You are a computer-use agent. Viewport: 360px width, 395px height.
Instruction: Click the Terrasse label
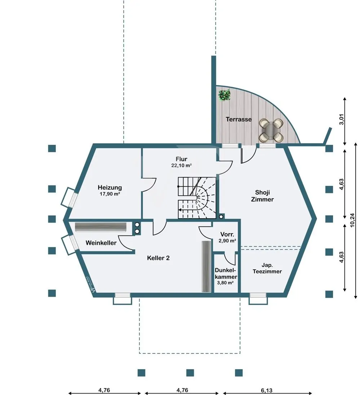pyautogui.click(x=239, y=119)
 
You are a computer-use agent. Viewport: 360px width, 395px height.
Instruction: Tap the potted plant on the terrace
pyautogui.click(x=225, y=95)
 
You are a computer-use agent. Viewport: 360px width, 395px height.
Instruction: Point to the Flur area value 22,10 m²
pyautogui.click(x=181, y=166)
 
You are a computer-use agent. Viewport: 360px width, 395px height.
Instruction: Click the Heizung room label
pyautogui.click(x=110, y=188)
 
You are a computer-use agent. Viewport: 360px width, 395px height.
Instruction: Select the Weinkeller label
pyautogui.click(x=101, y=243)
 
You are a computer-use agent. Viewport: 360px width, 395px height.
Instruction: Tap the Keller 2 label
pyautogui.click(x=158, y=258)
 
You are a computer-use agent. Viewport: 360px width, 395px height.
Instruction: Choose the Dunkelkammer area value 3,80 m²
pyautogui.click(x=225, y=283)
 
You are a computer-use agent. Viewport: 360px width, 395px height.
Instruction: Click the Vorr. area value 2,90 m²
pyautogui.click(x=227, y=240)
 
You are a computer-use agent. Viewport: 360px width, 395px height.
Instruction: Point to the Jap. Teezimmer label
pyautogui.click(x=267, y=268)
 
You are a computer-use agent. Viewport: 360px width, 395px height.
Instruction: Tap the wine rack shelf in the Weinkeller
pyautogui.click(x=101, y=226)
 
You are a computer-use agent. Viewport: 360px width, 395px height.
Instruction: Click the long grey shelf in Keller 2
pyautogui.click(x=206, y=266)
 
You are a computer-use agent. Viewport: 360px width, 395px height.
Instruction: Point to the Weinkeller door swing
pyautogui.click(x=126, y=242)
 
